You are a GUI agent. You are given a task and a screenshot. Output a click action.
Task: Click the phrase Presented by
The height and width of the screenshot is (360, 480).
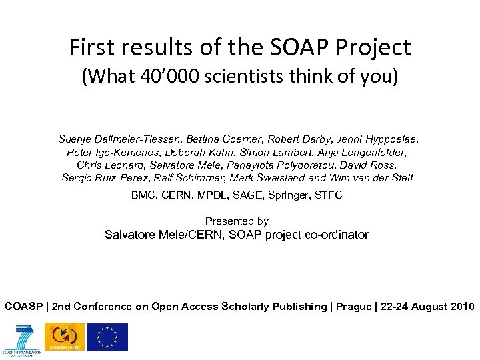click(x=237, y=221)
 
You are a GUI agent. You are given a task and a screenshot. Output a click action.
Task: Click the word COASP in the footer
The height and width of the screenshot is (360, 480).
click(x=23, y=307)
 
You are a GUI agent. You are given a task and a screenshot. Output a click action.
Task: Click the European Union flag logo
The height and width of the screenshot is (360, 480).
click(x=108, y=337)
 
